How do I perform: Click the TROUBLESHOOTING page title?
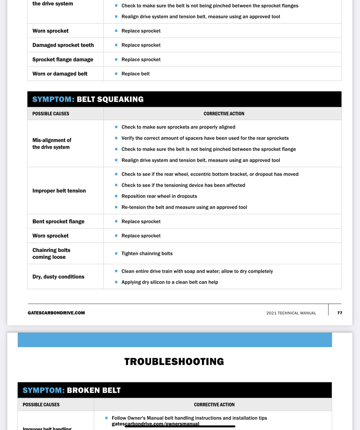point(174,361)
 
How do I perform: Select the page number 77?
point(340,313)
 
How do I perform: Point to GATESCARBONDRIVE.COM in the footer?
point(56,313)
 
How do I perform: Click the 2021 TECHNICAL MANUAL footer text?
point(291,313)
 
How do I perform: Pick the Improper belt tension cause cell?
point(59,191)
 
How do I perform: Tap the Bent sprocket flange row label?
point(58,221)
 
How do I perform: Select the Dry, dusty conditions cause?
point(58,277)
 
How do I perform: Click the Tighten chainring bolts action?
point(147,253)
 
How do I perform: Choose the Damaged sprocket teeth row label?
point(63,45)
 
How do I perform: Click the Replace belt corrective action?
point(135,74)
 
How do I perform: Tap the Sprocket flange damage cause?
point(63,59)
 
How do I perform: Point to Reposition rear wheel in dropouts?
point(159,196)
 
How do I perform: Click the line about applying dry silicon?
point(170,282)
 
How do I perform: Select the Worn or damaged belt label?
point(60,74)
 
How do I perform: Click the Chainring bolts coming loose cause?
point(51,253)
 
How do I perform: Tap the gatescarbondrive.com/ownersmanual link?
point(156,424)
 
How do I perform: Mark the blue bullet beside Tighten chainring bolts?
point(116,253)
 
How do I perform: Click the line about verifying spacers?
point(205,138)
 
